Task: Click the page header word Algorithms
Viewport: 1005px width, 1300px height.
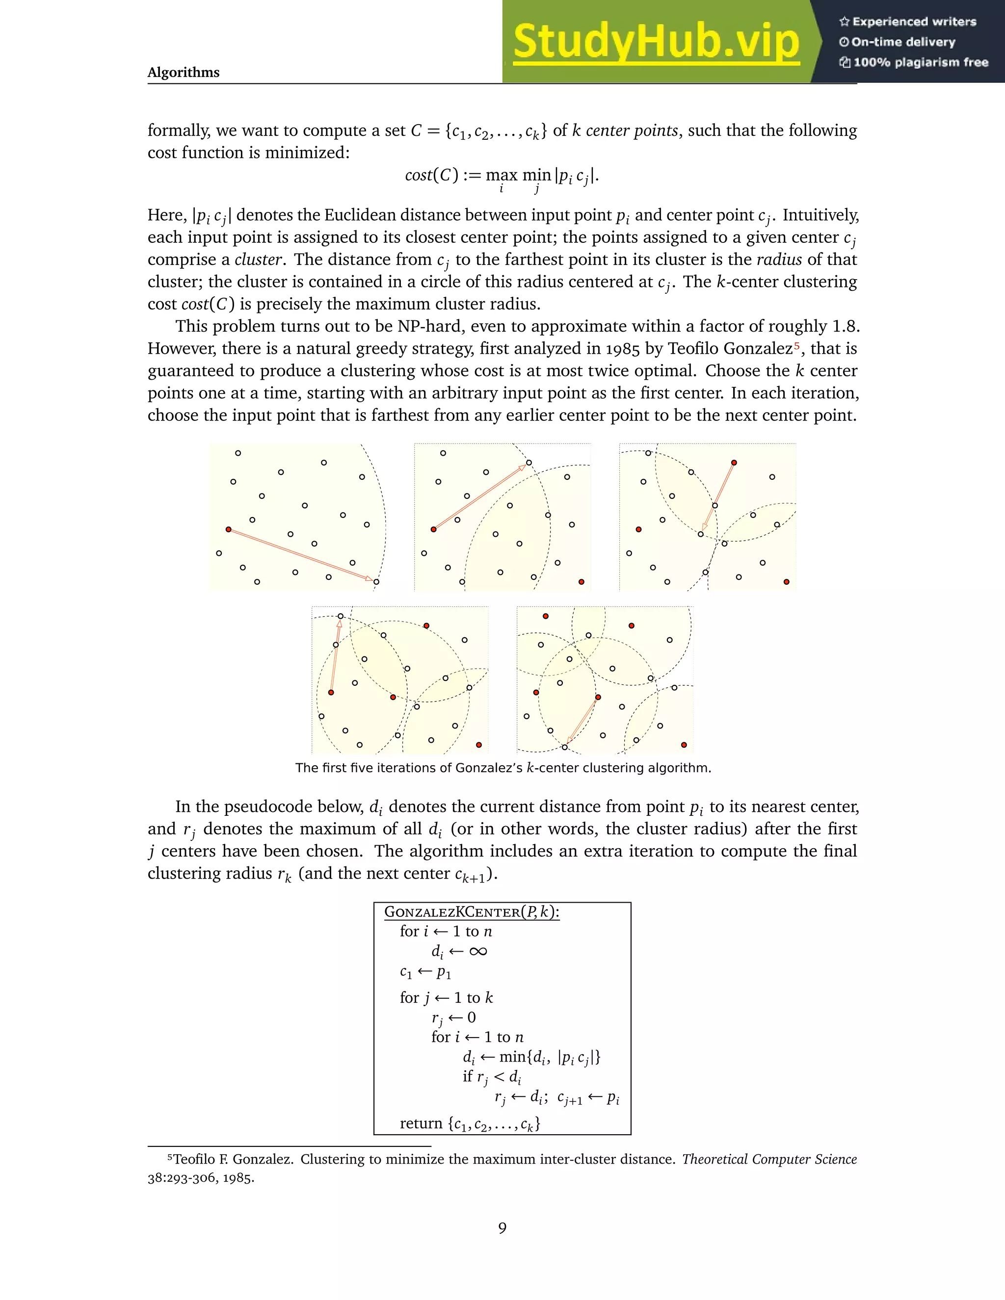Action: (x=184, y=73)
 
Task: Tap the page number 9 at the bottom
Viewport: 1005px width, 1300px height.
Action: (x=502, y=1228)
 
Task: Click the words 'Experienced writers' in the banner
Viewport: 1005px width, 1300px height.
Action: (x=914, y=22)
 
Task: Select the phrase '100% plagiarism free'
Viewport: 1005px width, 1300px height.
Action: (x=921, y=62)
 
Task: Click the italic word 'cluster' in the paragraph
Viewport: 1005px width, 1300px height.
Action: (x=258, y=260)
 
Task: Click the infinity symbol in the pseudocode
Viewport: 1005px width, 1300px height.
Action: (x=477, y=951)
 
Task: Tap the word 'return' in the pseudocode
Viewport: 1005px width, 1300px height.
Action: (x=421, y=1123)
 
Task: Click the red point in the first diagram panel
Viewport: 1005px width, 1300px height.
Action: (x=229, y=529)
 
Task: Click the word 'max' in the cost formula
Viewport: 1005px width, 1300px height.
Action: (x=502, y=175)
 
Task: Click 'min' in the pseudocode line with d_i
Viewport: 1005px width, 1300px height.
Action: (x=511, y=1057)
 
